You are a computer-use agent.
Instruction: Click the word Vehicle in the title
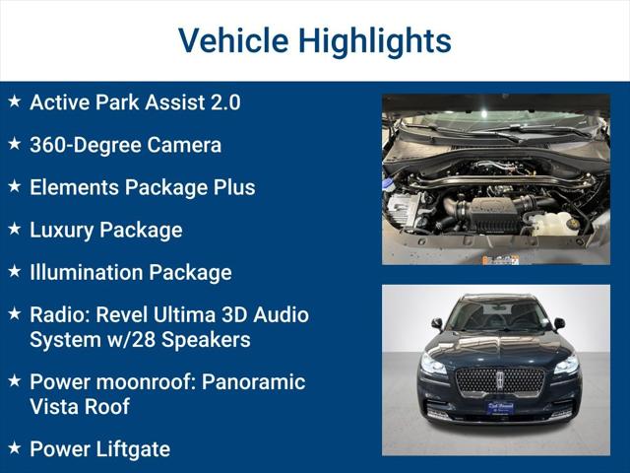pyautogui.click(x=232, y=40)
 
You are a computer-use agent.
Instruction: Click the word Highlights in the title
pyautogui.click(x=374, y=40)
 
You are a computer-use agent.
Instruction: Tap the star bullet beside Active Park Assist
pyautogui.click(x=14, y=101)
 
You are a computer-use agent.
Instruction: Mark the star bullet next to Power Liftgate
pyautogui.click(x=14, y=448)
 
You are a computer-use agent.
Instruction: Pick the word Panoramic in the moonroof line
pyautogui.click(x=254, y=381)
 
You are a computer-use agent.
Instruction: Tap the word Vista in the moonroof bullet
pyautogui.click(x=55, y=406)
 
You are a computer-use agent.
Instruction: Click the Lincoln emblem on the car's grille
pyautogui.click(x=498, y=379)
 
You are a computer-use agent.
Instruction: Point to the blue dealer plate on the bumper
pyautogui.click(x=499, y=406)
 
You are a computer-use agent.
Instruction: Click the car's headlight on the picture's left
pyautogui.click(x=433, y=365)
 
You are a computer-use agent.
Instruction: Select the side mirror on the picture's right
pyautogui.click(x=559, y=323)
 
